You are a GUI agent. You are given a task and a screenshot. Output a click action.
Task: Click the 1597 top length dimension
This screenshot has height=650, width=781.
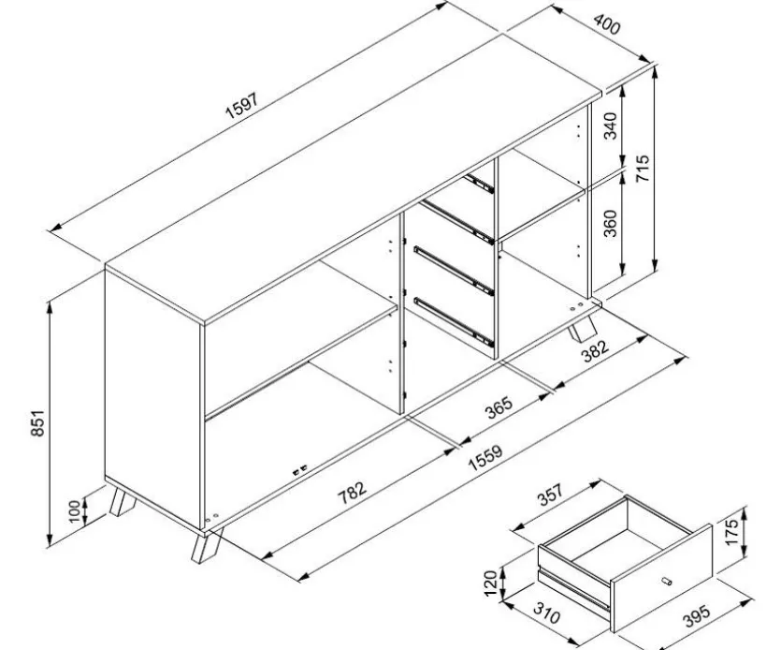point(241,106)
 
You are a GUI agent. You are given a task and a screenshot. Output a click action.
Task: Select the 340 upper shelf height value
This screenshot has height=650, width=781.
point(610,126)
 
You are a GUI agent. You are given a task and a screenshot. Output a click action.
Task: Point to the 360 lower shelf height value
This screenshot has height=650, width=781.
point(610,223)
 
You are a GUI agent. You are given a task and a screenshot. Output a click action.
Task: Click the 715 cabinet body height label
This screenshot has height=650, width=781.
point(643,168)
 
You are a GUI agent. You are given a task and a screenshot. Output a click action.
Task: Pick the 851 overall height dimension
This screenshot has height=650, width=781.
point(37,423)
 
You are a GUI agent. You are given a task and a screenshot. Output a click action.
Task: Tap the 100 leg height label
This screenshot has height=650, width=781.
point(74,510)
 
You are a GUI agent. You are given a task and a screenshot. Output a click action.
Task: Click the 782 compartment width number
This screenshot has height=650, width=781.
point(352,493)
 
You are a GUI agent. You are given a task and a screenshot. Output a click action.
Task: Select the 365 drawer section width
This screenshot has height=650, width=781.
point(499,407)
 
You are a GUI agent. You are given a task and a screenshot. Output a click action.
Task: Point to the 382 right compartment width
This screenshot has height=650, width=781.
point(595,351)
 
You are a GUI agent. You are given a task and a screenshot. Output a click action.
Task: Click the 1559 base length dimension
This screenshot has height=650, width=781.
point(485,457)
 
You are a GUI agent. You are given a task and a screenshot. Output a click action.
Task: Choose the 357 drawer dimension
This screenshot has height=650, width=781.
point(550,494)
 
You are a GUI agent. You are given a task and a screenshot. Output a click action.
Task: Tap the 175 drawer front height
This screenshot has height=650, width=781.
point(731,532)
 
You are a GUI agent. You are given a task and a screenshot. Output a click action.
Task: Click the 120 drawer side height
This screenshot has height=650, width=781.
point(491,584)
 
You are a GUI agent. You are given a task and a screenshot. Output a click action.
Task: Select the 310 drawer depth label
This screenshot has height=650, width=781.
point(547,613)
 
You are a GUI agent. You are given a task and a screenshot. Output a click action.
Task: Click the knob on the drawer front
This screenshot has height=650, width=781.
point(667,581)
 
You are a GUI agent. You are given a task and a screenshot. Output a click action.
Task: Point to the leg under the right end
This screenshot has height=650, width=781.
point(583,330)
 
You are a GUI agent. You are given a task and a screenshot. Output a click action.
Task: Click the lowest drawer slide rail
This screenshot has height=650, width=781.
point(454,322)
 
